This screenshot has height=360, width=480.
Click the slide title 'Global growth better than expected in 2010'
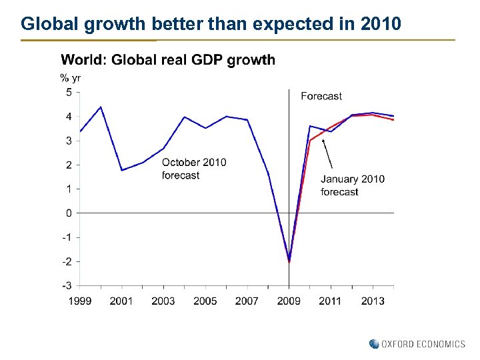pyautogui.click(x=211, y=25)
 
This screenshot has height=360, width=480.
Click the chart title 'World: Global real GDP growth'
pyautogui.click(x=168, y=61)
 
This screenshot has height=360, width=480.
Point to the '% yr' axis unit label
pyautogui.click(x=71, y=78)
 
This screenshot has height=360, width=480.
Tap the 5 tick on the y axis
pyautogui.click(x=69, y=93)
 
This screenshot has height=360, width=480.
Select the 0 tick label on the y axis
pyautogui.click(x=69, y=213)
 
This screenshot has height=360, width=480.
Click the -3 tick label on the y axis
pyautogui.click(x=67, y=285)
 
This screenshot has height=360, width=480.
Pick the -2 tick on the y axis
pyautogui.click(x=67, y=261)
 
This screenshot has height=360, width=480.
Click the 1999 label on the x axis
pyautogui.click(x=80, y=301)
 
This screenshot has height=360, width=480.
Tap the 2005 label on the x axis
pyautogui.click(x=205, y=301)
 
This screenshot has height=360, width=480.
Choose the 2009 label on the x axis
pyautogui.click(x=289, y=301)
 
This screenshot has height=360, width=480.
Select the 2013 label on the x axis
pyautogui.click(x=373, y=301)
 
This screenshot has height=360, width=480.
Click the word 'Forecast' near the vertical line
pyautogui.click(x=321, y=97)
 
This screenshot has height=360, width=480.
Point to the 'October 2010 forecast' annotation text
pyautogui.click(x=194, y=169)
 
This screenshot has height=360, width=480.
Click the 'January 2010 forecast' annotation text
pyautogui.click(x=353, y=185)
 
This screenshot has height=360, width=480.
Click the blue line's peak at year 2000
pyautogui.click(x=101, y=107)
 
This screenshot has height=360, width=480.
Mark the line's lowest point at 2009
pyautogui.click(x=289, y=261)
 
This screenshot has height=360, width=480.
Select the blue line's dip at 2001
pyautogui.click(x=121, y=170)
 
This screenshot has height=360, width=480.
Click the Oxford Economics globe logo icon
pyautogui.click(x=374, y=344)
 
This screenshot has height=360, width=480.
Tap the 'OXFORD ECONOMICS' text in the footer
pyautogui.click(x=423, y=344)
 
